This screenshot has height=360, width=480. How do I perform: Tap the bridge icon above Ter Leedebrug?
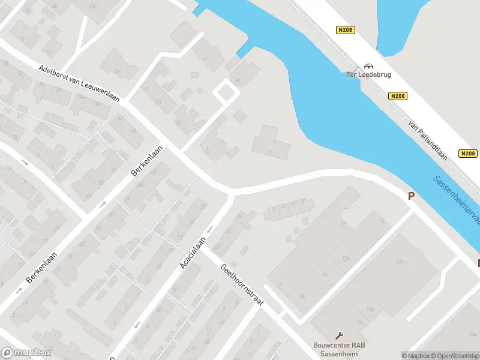(x=368, y=66)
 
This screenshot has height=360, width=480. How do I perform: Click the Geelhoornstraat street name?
(x=242, y=286)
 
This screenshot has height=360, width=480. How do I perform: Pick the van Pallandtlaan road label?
(x=428, y=139)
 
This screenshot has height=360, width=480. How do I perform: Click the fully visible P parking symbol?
(x=412, y=196)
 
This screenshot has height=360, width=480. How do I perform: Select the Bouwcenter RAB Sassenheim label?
(x=339, y=349)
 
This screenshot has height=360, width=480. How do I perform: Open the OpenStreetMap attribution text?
(x=456, y=356)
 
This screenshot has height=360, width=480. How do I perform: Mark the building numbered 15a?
(x=118, y=72)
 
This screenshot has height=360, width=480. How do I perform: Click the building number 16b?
(x=371, y=309)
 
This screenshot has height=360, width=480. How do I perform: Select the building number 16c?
(x=360, y=322)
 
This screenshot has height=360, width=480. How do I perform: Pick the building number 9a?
(x=303, y=296)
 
